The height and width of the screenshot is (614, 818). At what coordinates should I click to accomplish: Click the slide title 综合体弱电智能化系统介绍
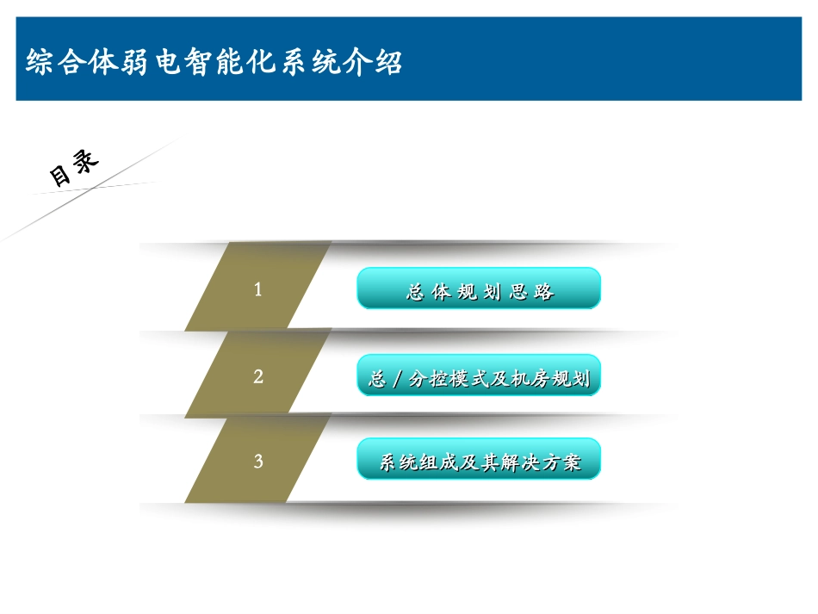tap(214, 64)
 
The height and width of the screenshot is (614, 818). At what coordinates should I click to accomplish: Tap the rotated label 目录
tap(74, 169)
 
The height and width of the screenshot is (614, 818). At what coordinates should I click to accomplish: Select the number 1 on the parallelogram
tap(257, 290)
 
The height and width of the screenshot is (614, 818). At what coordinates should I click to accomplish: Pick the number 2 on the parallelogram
tap(257, 376)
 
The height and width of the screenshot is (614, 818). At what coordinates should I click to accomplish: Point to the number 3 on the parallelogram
tap(257, 462)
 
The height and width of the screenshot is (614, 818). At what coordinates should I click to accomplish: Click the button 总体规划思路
tap(479, 289)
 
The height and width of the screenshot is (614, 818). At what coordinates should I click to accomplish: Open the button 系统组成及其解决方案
tap(479, 462)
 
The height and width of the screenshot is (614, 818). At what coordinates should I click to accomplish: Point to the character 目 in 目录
tap(61, 176)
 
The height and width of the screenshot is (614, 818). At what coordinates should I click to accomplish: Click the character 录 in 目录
tap(86, 161)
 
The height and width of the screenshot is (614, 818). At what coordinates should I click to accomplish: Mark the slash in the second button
tap(397, 378)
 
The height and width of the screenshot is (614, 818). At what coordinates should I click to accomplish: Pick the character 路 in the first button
tap(543, 292)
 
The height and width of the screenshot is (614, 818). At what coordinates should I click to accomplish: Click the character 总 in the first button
tap(415, 292)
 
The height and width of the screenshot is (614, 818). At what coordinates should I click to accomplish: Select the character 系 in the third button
tap(389, 463)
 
